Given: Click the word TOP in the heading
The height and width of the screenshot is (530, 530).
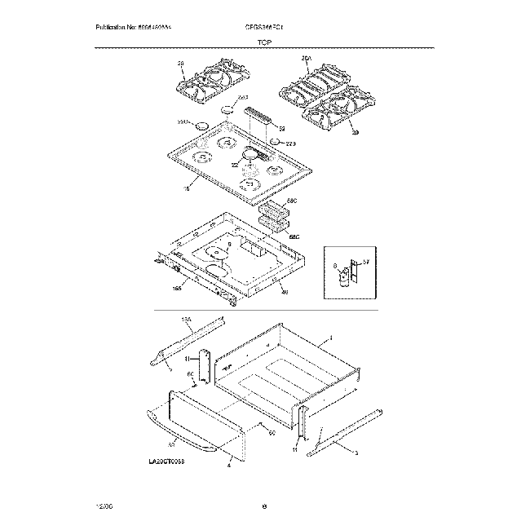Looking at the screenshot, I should click(264, 41).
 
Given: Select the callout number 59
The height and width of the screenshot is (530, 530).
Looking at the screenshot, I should click(281, 129).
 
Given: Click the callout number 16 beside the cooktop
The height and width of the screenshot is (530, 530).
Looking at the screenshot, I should click(186, 188).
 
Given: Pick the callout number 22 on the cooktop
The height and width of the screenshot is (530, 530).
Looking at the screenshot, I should click(234, 166).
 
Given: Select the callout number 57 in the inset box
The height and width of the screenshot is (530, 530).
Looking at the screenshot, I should click(367, 260).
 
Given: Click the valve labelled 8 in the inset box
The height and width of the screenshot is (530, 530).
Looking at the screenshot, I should click(344, 276).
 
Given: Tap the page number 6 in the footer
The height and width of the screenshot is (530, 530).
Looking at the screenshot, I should click(265, 507).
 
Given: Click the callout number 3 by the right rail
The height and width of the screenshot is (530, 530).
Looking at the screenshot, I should click(355, 451).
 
